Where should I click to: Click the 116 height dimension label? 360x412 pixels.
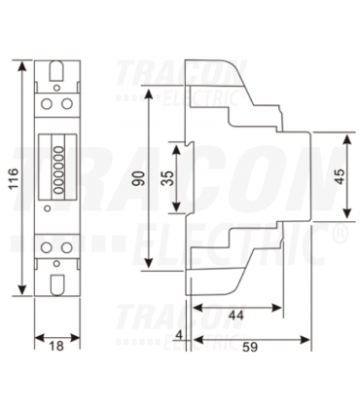tap(12, 178)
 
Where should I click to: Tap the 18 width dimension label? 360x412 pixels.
tap(56, 346)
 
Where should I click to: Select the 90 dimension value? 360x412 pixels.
tap(139, 178)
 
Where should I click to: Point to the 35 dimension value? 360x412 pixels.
tap(167, 178)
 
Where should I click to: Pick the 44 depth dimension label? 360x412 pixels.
tap(235, 315)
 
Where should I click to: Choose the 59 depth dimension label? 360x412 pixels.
tap(250, 347)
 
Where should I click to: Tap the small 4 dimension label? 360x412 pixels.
tap(179, 335)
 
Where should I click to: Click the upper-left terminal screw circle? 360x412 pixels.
tap(47, 104)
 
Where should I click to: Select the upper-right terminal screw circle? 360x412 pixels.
tap(67, 104)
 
